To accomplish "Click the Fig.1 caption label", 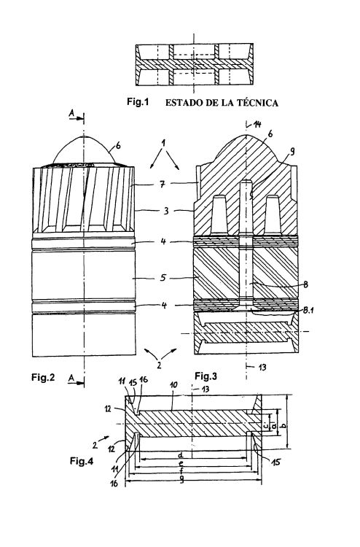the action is tap(138, 102).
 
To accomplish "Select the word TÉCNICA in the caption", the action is tap(258, 103).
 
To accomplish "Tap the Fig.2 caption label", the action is tap(43, 377).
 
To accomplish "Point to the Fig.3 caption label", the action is tap(206, 376).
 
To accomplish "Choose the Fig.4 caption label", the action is tap(82, 461).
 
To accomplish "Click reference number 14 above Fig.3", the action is tap(257, 124).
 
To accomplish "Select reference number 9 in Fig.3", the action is tap(292, 151).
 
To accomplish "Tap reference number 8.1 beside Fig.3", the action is tap(308, 310).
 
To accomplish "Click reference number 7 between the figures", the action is tap(163, 184).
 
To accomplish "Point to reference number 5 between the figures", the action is tap(163, 278).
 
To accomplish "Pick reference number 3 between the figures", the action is tap(166, 211).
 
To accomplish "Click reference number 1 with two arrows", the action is tap(164, 142).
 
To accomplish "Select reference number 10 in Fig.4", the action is tap(173, 385).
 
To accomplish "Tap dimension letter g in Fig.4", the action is tap(181, 481).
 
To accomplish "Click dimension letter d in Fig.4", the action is tap(181, 455).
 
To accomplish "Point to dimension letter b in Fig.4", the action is tap(283, 425).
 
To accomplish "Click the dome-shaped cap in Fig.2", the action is tap(84, 150).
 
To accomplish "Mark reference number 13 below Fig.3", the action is tap(262, 367).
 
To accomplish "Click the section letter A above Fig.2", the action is tap(71, 112).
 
